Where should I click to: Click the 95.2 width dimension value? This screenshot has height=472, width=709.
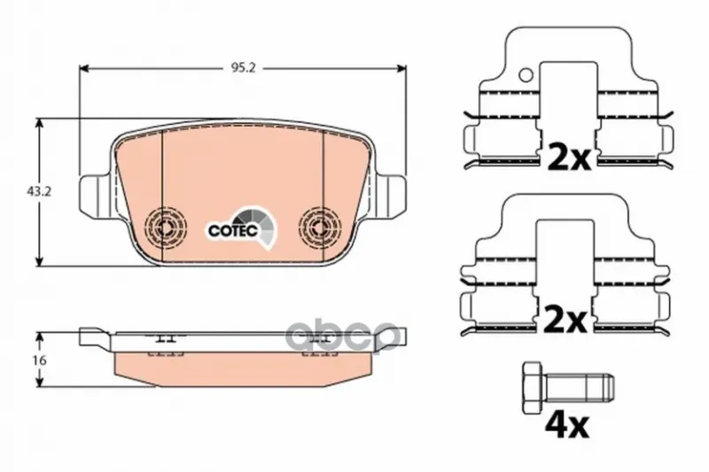244,68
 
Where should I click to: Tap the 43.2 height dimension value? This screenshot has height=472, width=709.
39,191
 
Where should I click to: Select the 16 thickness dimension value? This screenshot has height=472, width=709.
40,360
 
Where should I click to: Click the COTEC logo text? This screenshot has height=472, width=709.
233,230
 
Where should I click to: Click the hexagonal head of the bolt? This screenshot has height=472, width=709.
534,387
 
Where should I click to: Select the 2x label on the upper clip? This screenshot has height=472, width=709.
569,156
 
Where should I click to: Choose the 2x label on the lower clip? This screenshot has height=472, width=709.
565,319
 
